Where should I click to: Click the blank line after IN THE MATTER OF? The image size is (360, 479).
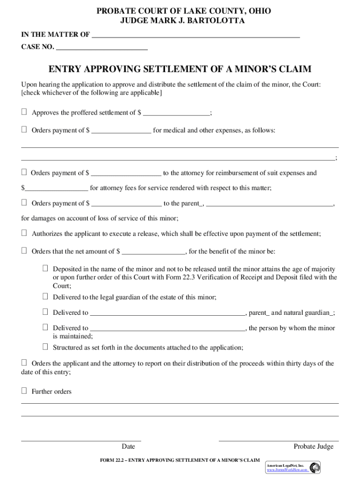pyautogui.click(x=195, y=36)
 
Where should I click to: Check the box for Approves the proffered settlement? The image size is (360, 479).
pyautogui.click(x=24, y=112)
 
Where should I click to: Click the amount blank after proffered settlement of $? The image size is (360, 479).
pyautogui.click(x=177, y=113)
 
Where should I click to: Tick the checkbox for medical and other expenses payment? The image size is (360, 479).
pyautogui.click(x=24, y=130)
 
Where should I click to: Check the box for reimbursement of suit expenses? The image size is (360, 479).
pyautogui.click(x=24, y=173)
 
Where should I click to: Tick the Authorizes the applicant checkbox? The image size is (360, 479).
pyautogui.click(x=24, y=233)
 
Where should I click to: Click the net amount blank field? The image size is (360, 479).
pyautogui.click(x=153, y=252)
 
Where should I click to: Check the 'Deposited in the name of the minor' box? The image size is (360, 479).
pyautogui.click(x=45, y=269)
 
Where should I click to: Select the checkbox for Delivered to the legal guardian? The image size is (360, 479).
pyautogui.click(x=45, y=297)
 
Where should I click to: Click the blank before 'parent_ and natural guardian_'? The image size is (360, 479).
pyautogui.click(x=167, y=313)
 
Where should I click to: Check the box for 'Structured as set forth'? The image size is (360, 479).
pyautogui.click(x=45, y=347)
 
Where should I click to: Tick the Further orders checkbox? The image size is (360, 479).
pyautogui.click(x=24, y=391)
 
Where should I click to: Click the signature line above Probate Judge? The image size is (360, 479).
pyautogui.click(x=279, y=440)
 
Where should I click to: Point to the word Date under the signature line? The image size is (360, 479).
pyautogui.click(x=128, y=447)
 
